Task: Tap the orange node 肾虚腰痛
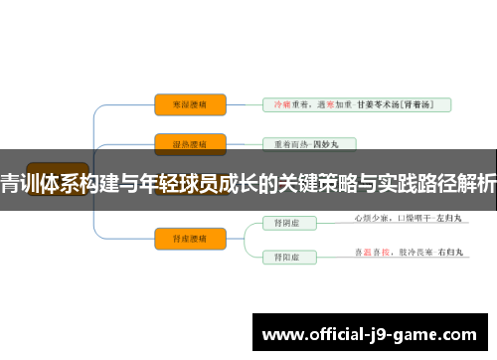[x=190, y=237]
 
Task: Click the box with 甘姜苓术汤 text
[x=356, y=103]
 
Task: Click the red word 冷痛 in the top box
[x=280, y=103]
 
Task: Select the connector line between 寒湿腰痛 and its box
[x=244, y=103]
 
